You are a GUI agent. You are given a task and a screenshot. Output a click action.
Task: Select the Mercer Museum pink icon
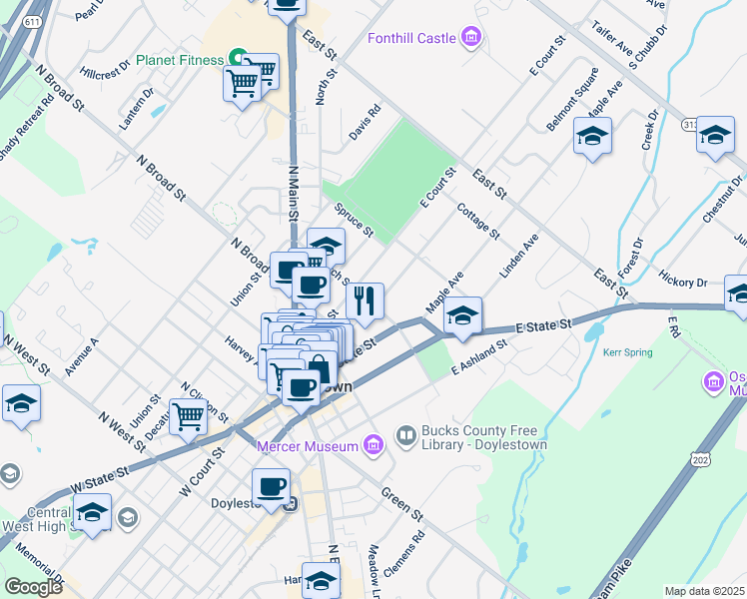(373, 443)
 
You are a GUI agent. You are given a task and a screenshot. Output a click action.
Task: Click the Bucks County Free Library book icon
(405, 435)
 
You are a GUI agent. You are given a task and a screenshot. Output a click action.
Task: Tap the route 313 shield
(690, 124)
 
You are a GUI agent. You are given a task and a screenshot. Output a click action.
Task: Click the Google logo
(33, 587)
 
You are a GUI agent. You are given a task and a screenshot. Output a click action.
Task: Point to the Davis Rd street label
(366, 124)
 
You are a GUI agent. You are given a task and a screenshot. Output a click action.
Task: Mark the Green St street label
(400, 505)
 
